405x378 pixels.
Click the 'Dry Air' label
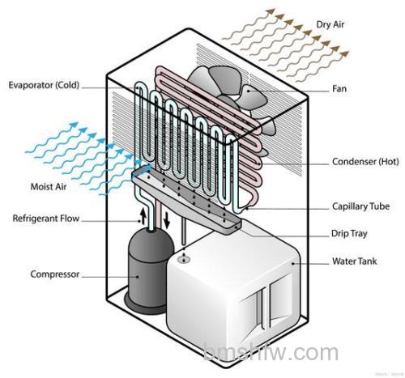(330, 24)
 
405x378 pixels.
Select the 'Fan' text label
(339, 89)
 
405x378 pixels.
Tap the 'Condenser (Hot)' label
(365, 162)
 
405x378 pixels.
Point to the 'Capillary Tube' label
(360, 206)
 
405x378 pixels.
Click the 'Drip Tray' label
(349, 234)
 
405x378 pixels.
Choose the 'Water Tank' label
(354, 261)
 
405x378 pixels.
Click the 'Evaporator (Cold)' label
(44, 85)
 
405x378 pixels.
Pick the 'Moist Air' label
(49, 187)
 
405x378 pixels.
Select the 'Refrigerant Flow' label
(46, 219)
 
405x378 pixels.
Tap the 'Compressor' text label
(55, 274)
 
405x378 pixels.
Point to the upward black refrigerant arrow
(143, 216)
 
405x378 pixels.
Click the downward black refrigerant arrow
(167, 220)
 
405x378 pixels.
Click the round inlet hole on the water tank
(184, 260)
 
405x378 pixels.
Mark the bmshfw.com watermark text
(271, 352)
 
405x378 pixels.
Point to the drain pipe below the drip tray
(184, 231)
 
